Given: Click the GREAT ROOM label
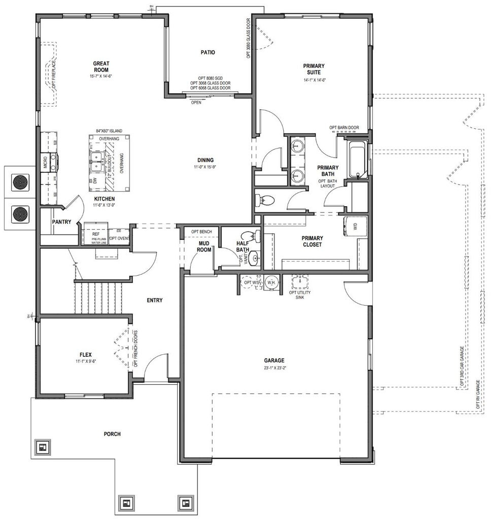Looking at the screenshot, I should tap(101, 66).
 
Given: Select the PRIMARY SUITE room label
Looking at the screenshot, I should tap(314, 69).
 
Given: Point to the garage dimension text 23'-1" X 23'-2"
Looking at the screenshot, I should tap(274, 368).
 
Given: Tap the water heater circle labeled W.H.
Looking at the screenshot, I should tap(271, 283).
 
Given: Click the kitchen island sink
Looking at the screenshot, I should tap(95, 162).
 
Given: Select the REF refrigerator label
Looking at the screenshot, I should tap(96, 234).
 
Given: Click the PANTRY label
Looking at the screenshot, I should tap(61, 222).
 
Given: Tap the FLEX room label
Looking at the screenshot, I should tap(85, 355).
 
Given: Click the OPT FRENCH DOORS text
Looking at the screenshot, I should tap(135, 349).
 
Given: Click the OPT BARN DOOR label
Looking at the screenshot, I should tap(344, 128).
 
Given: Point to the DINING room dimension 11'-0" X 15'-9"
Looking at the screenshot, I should tap(205, 167).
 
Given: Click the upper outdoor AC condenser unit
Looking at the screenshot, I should tap(21, 181).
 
